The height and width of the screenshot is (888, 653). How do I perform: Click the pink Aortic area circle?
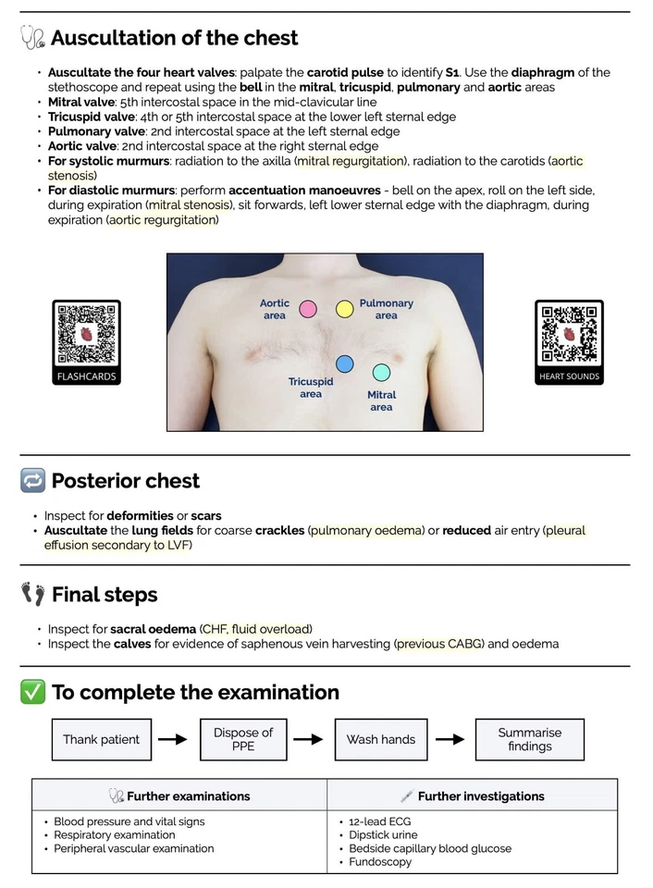(x=308, y=309)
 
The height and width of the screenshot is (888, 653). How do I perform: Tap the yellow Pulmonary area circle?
(x=344, y=309)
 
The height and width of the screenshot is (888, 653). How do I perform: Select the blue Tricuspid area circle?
(x=344, y=364)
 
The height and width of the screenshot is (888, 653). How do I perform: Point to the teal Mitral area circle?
(x=380, y=373)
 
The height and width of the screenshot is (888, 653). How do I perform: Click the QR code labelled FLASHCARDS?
(x=86, y=333)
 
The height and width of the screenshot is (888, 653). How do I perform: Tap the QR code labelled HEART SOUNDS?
(x=569, y=333)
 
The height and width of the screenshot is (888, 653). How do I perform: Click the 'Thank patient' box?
(x=101, y=739)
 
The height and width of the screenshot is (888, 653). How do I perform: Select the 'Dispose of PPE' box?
(x=243, y=739)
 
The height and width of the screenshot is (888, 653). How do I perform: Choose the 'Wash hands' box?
(x=380, y=739)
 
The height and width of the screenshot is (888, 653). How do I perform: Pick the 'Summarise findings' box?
(x=529, y=739)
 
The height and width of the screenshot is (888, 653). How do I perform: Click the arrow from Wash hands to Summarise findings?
(x=450, y=739)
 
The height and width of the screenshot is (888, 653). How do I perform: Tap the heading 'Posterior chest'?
(x=125, y=481)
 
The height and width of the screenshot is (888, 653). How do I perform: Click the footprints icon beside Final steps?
(x=32, y=594)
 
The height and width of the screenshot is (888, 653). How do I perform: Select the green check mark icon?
(x=32, y=692)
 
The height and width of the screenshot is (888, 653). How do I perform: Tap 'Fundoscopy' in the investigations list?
(x=379, y=862)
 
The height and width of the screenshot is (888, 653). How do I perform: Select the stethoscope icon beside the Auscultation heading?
(x=32, y=38)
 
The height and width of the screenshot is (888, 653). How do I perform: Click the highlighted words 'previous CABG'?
(x=439, y=644)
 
